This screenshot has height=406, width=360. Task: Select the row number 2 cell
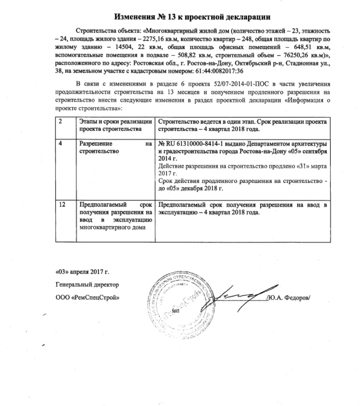(x=61, y=120)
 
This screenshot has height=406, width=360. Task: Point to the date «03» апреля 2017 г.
(x=82, y=272)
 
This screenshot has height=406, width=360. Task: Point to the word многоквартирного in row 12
(x=103, y=227)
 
